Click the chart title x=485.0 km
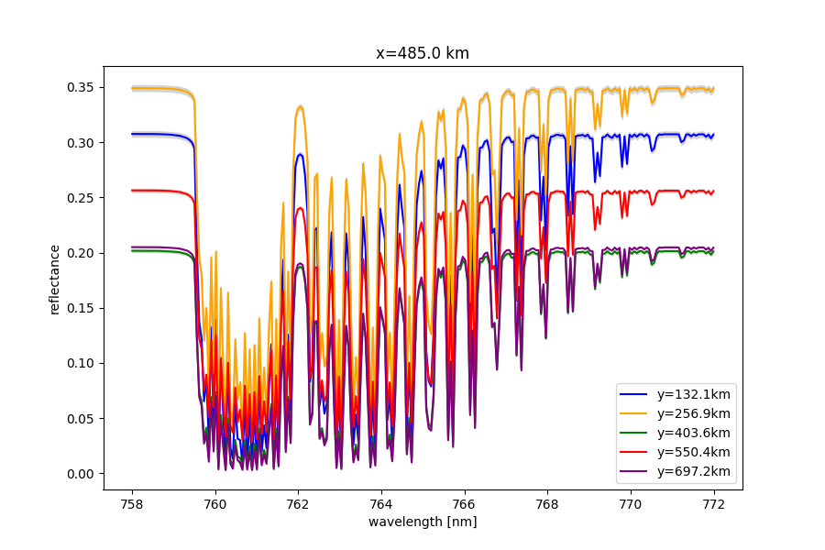[x=423, y=53]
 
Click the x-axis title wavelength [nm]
[x=423, y=522]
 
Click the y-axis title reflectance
[x=55, y=279]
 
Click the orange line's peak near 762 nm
[x=300, y=106]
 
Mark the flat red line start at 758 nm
[x=133, y=191]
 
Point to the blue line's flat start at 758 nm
[x=133, y=134]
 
